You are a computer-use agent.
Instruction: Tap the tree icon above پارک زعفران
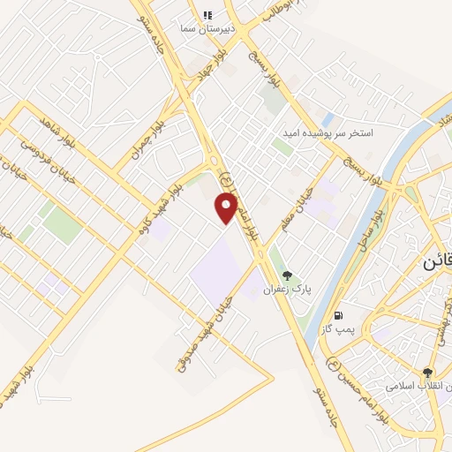[287, 275]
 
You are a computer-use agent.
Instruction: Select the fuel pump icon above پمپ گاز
[337, 315]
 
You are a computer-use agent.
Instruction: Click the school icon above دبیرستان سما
[207, 15]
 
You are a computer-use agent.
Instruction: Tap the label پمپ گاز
[337, 329]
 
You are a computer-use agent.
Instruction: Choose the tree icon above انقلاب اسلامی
[428, 373]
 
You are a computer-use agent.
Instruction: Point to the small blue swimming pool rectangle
[328, 118]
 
